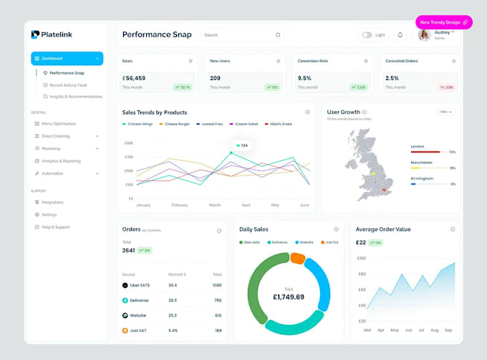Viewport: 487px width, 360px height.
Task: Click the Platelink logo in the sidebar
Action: coord(52,34)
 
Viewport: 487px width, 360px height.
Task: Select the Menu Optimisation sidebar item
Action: coord(59,124)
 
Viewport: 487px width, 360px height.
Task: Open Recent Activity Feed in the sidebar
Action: coord(67,84)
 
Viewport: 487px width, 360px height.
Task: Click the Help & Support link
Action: coord(55,227)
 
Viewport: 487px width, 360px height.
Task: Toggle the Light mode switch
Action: coord(367,34)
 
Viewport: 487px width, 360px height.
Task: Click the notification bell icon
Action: coord(400,34)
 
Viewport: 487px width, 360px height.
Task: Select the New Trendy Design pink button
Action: coord(443,22)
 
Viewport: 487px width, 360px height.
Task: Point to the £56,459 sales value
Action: coord(134,78)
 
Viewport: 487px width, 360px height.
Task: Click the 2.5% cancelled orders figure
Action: coord(392,78)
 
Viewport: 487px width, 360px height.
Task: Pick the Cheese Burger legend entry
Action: coord(175,124)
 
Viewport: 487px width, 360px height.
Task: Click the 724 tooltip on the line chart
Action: coord(241,145)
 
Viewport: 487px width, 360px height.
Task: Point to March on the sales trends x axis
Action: coord(215,205)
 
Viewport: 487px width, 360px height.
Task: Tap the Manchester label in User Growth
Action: coord(423,162)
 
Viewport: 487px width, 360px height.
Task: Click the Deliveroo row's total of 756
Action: coord(218,301)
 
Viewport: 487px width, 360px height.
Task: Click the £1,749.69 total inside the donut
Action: coord(289,296)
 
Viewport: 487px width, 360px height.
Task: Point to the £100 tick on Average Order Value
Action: coord(361,258)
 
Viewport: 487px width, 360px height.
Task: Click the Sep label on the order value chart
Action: coord(448,330)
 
